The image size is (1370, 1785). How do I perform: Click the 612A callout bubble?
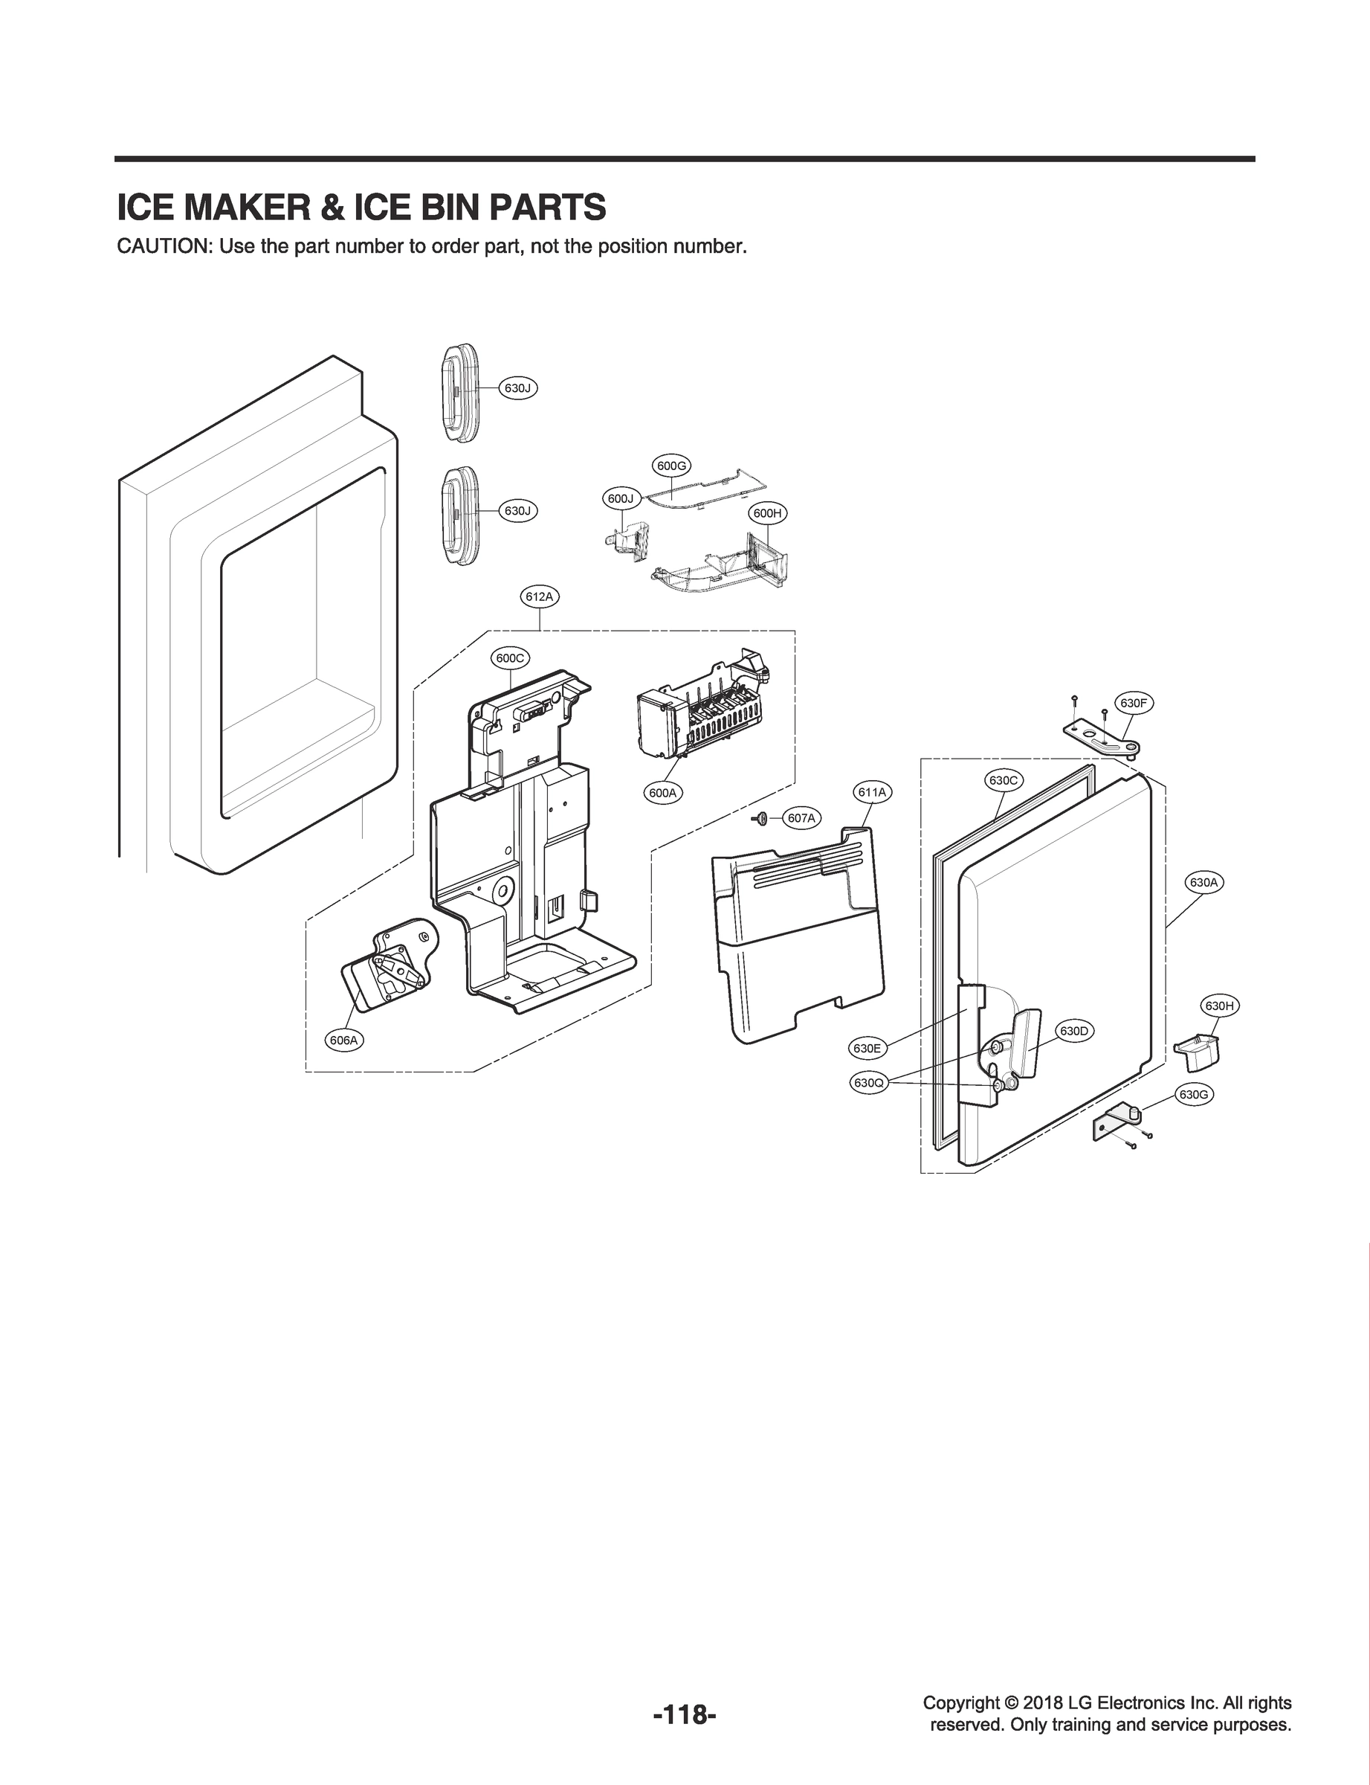pyautogui.click(x=540, y=597)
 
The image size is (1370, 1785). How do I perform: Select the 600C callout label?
pyautogui.click(x=511, y=658)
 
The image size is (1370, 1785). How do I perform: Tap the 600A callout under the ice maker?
pyautogui.click(x=662, y=792)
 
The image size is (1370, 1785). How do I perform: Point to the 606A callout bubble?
pyautogui.click(x=344, y=1041)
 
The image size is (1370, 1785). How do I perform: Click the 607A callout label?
pyautogui.click(x=801, y=818)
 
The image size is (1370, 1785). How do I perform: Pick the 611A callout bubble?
pyautogui.click(x=872, y=792)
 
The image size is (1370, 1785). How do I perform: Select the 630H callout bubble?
pyautogui.click(x=1220, y=1006)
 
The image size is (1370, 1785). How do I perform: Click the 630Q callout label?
pyautogui.click(x=867, y=1084)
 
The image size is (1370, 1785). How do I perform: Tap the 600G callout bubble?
pyautogui.click(x=671, y=466)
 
